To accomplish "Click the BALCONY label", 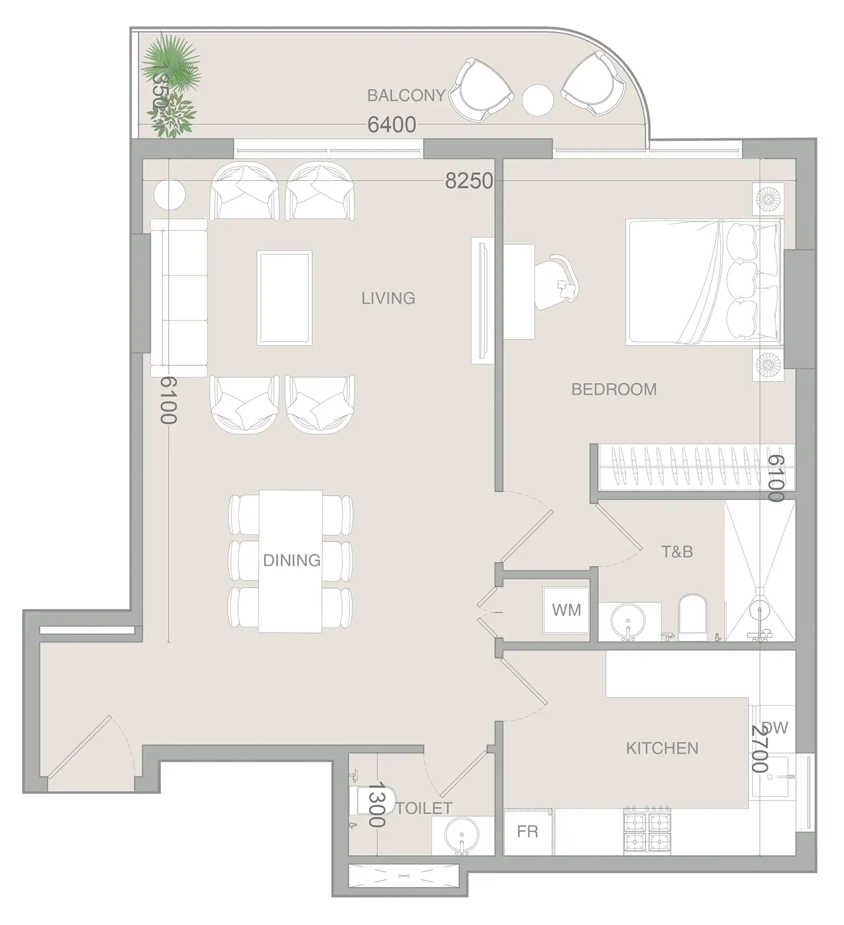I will pos(406,95).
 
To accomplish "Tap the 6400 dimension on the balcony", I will pos(391,125).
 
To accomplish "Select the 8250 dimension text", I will pos(469,181).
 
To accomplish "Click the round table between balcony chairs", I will pos(538,100).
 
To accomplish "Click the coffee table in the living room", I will pos(284,298).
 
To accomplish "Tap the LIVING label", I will pos(388,298).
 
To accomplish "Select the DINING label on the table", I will pos(291,560).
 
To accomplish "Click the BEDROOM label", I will pos(614,389).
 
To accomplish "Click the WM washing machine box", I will pos(566,610).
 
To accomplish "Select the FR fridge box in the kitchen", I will pos(527,832).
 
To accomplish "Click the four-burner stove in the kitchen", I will pos(647,830).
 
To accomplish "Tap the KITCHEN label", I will pos(662,748).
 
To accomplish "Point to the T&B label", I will pos(677,552).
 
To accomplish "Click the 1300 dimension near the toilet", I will pos(376,805).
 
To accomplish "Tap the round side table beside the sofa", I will pos(169,194).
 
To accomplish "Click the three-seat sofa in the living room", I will pos(179,298).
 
